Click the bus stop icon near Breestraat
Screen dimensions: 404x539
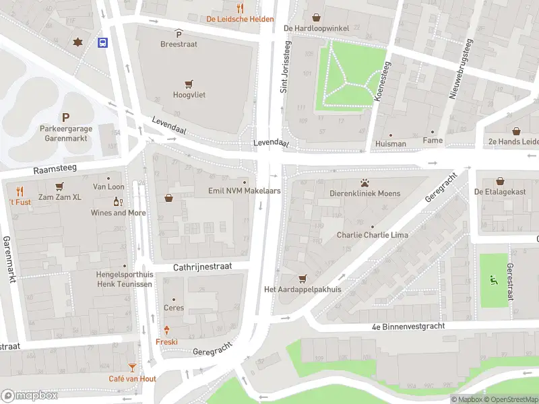[102, 43]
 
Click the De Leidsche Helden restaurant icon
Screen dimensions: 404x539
[240, 9]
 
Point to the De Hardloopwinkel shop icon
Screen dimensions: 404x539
[317, 18]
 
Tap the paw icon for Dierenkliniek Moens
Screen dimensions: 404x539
[364, 182]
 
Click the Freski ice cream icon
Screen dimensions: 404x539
[166, 331]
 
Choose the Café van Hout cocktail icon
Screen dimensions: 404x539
[132, 368]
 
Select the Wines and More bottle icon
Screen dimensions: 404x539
[119, 202]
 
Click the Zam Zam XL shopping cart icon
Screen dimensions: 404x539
[59, 187]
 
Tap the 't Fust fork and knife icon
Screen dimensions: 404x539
[20, 191]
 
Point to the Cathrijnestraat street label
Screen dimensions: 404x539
[202, 267]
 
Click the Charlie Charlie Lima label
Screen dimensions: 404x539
[372, 236]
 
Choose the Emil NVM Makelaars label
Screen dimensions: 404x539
[244, 191]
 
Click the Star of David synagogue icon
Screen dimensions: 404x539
[77, 42]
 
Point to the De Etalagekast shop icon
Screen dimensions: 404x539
[500, 181]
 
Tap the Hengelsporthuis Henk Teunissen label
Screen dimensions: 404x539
[123, 279]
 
